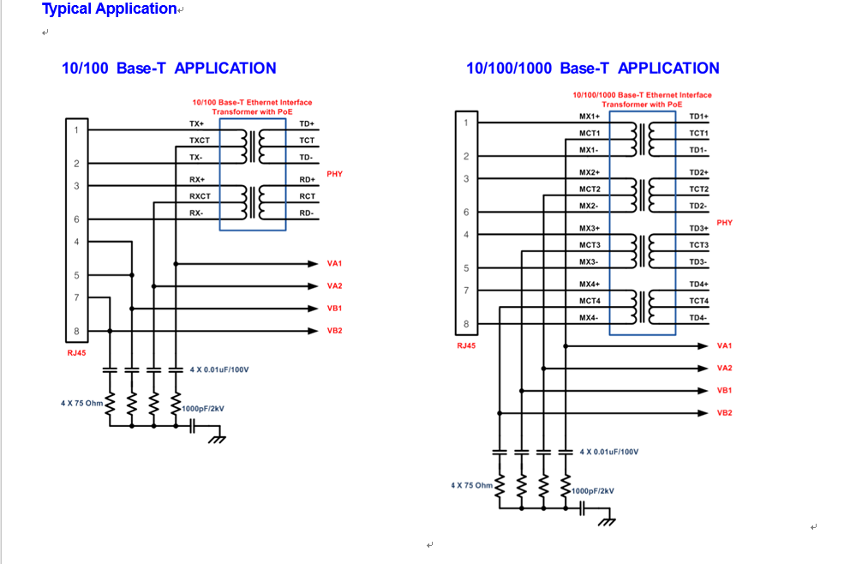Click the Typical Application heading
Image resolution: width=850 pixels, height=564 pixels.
point(110,9)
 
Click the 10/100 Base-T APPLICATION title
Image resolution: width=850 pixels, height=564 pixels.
point(169,69)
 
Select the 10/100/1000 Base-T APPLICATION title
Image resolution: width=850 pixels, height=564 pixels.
point(592,69)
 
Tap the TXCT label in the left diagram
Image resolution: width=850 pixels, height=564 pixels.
point(200,141)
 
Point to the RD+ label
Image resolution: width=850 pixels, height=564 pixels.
point(307,180)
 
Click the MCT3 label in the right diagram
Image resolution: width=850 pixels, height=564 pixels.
point(590,245)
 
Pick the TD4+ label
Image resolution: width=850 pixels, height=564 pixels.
point(698,285)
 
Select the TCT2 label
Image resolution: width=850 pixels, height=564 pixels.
point(698,189)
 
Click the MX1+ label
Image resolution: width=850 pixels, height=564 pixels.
point(590,117)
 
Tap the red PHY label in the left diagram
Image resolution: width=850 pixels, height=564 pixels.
point(334,174)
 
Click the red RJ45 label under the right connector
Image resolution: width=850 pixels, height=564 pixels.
point(467,346)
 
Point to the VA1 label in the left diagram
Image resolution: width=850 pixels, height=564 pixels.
point(334,264)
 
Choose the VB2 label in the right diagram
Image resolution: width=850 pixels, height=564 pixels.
point(725,413)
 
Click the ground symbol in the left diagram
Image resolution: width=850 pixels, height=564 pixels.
point(217,438)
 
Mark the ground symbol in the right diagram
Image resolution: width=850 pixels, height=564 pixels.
point(608,520)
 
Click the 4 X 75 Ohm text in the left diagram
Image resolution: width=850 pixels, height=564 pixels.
point(81,403)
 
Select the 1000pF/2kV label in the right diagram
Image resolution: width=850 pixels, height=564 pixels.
point(593,491)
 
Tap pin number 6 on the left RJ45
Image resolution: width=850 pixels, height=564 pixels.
point(76,220)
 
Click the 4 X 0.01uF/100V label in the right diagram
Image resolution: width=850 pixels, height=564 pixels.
point(609,452)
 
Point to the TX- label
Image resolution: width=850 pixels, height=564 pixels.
point(196,158)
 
